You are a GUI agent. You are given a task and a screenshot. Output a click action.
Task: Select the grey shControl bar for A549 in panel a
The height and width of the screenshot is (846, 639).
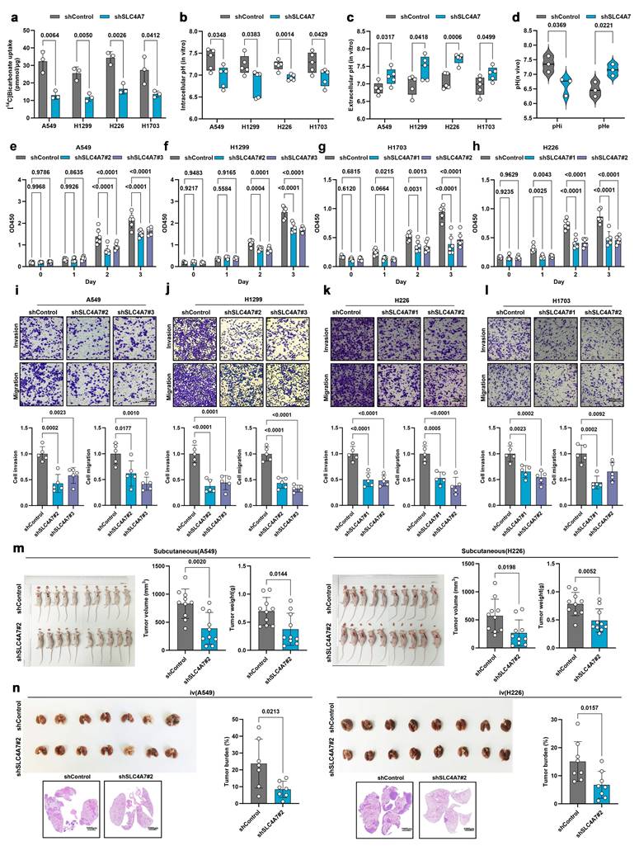click(42, 82)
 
